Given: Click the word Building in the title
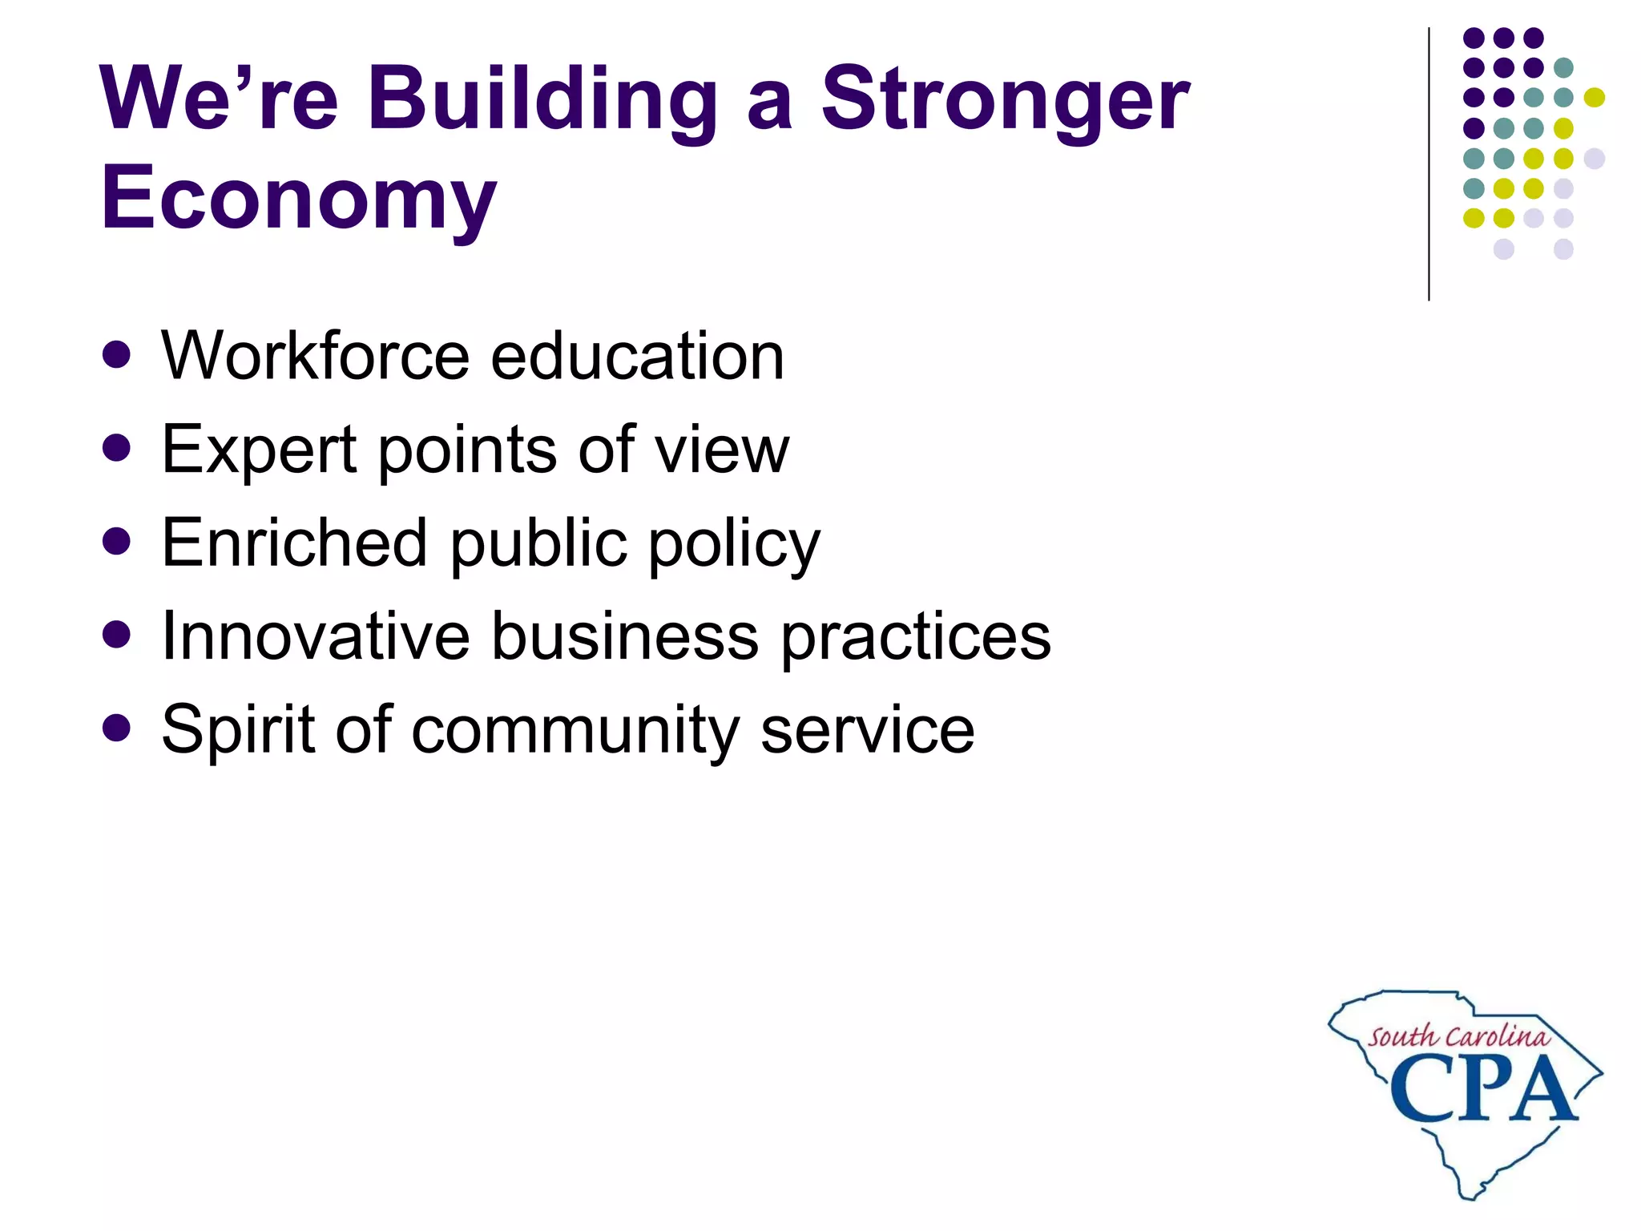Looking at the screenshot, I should [x=542, y=99].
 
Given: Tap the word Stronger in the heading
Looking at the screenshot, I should [x=1006, y=99].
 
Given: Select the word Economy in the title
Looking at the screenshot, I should [x=298, y=197].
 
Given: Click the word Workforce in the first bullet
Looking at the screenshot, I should [x=315, y=356].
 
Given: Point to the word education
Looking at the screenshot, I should [x=637, y=356].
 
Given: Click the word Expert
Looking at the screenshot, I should [x=258, y=450].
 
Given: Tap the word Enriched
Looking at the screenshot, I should [x=294, y=543].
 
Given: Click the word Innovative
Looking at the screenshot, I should [x=315, y=636].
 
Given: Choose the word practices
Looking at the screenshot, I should [x=915, y=638].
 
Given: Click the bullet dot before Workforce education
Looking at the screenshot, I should [x=117, y=355].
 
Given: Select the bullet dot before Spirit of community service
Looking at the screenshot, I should [x=117, y=729].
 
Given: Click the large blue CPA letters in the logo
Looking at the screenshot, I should [x=1482, y=1090].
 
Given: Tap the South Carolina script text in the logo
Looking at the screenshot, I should [x=1458, y=1037].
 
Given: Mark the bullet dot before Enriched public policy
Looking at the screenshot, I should [x=117, y=542].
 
